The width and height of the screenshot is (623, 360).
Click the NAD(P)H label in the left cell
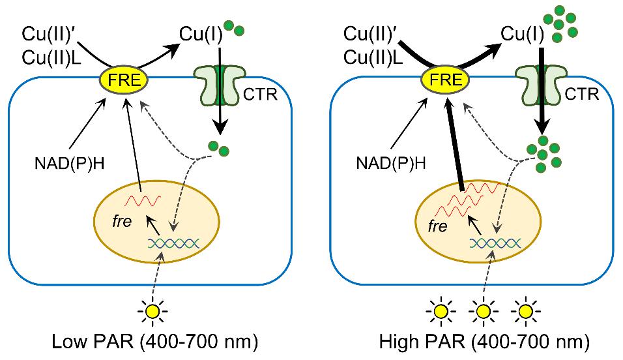click(x=67, y=164)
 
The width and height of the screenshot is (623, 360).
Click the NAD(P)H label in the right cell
click(x=391, y=164)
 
